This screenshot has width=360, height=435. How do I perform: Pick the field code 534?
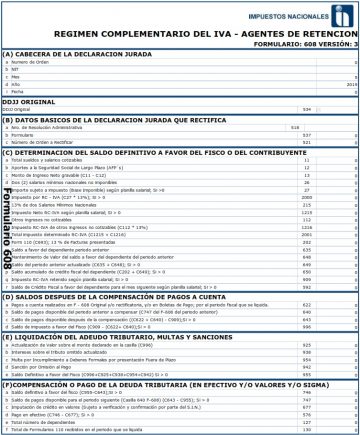[x=308, y=108]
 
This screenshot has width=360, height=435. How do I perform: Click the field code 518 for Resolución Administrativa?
[x=295, y=127]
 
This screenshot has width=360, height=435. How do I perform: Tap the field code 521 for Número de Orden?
[x=307, y=142]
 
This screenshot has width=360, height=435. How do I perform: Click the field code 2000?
[x=306, y=198]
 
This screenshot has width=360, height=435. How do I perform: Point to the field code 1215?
[x=306, y=213]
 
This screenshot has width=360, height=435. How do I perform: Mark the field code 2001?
[x=306, y=235]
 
